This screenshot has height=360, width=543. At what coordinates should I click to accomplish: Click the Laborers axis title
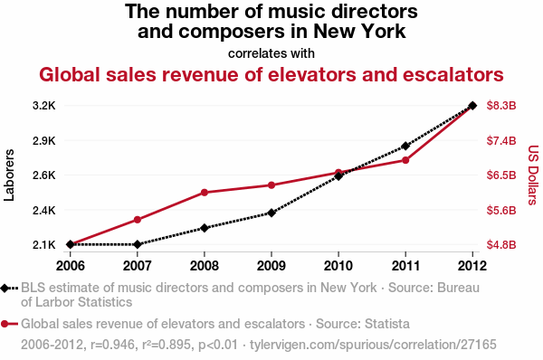click(10, 175)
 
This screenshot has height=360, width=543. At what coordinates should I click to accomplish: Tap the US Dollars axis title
click(533, 175)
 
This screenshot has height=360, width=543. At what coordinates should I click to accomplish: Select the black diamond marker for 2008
click(204, 228)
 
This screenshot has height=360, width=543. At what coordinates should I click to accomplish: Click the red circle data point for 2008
click(204, 193)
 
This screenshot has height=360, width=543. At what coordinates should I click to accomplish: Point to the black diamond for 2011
click(405, 146)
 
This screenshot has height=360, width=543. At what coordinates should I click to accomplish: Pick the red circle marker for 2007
click(137, 220)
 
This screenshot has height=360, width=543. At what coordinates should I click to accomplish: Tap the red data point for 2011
click(405, 160)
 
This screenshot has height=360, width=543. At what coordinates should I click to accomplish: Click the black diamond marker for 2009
click(271, 213)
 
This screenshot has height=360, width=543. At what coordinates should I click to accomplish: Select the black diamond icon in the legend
click(7, 289)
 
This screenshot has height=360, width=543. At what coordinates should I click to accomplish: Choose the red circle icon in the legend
click(7, 323)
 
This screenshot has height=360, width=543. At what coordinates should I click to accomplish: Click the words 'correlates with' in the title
click(271, 52)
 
